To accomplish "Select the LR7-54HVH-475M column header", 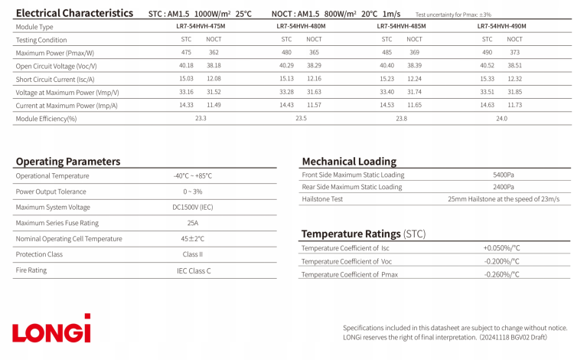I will tap(201, 26).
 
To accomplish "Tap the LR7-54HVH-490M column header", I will tap(501, 26).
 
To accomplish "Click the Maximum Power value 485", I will tap(386, 53).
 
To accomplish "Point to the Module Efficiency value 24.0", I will tap(501, 119).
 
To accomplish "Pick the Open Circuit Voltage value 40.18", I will tap(186, 66).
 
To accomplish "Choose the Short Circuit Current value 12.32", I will tap(514, 79).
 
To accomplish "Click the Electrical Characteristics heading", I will tap(73, 13).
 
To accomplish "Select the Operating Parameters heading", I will tap(68, 162).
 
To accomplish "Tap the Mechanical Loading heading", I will tap(349, 162).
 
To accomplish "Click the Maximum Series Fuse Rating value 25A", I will tap(192, 223).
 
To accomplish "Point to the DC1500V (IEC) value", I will tap(192, 207).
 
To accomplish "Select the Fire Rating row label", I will tap(31, 270).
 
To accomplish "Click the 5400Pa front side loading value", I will tap(503, 175).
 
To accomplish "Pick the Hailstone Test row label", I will tap(322, 199).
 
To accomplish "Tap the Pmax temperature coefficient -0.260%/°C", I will tap(501, 274).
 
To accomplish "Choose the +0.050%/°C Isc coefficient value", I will tap(501, 248).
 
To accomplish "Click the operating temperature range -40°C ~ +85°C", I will tap(192, 175).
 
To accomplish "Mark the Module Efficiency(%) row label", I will tap(46, 119).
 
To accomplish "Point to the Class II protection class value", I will tap(192, 254).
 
